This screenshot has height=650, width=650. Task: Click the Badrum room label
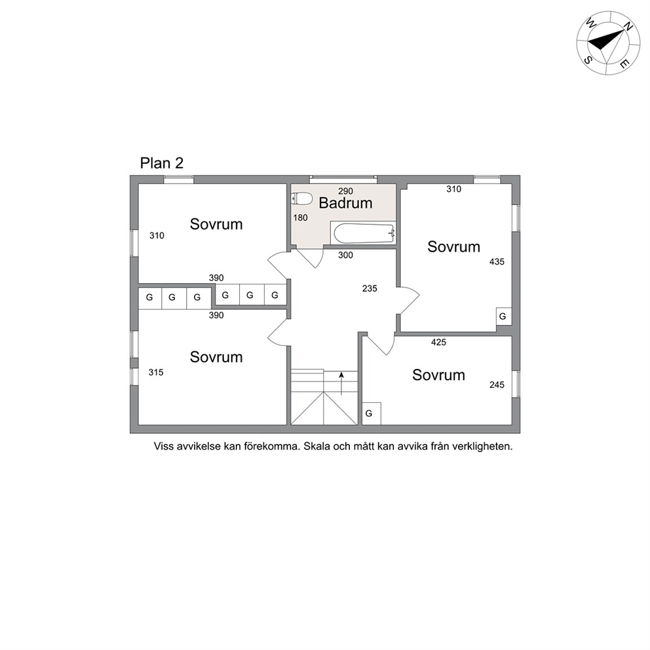[345, 203]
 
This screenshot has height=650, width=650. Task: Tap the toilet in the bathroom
[302, 199]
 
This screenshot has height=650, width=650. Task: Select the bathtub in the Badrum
[363, 233]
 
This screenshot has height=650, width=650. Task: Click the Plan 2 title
[162, 163]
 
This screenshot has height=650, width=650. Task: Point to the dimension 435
[497, 261]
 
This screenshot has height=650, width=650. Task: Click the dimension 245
[497, 385]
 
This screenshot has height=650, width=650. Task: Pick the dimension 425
[438, 342]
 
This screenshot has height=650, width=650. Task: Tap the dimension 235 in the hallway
[370, 288]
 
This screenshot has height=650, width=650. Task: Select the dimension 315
[156, 372]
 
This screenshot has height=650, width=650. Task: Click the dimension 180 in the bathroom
[300, 218]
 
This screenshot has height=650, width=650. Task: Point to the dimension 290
[345, 191]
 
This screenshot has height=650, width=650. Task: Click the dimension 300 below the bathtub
[345, 255]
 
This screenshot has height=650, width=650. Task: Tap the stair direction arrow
[341, 383]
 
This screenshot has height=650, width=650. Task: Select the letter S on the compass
[588, 60]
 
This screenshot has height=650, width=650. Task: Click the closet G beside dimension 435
[504, 316]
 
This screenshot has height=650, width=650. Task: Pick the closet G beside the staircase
[371, 413]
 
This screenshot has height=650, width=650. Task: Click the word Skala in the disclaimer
[316, 446]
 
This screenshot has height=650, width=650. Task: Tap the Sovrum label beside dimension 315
[216, 357]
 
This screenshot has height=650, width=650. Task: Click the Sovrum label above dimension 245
[438, 375]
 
